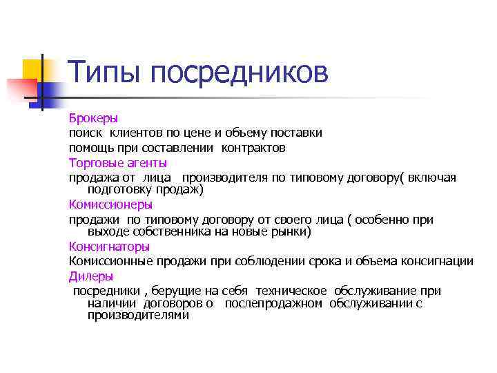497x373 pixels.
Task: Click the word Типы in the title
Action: [x=104, y=73]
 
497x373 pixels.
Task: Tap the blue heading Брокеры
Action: [x=93, y=117]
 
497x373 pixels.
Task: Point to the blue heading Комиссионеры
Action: [x=110, y=204]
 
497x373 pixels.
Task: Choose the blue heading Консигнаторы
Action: [x=109, y=247]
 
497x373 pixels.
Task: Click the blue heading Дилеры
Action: [x=89, y=276]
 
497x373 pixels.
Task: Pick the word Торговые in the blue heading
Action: [x=95, y=163]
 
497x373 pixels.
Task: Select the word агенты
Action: [x=146, y=163]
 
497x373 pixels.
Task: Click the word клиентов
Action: [x=138, y=133]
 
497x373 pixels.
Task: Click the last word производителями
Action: [x=138, y=315]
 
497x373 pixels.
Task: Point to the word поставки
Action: [x=297, y=133]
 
